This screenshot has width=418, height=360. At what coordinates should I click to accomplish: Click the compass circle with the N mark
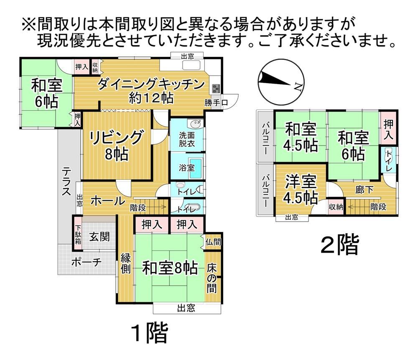pos(281,82)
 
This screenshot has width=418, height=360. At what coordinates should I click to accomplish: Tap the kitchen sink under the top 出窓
pos(191,65)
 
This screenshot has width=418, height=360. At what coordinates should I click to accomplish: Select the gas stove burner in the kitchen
pos(216,88)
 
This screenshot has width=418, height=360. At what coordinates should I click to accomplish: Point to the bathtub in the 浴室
pos(195,168)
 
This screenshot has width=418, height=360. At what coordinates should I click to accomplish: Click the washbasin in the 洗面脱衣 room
pos(196,124)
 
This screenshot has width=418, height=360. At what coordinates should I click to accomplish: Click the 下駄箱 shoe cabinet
pos(78,234)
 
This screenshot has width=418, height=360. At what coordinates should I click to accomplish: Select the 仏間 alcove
pos(213,242)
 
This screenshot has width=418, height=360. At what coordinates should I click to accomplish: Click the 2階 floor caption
pos(339,244)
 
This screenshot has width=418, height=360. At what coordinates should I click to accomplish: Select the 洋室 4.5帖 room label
pos(301,189)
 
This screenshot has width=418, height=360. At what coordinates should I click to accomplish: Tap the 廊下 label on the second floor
pos(364,190)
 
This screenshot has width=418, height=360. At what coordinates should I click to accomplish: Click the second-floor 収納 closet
pos(336,207)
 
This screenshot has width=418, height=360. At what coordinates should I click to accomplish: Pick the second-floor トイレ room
pos(388,159)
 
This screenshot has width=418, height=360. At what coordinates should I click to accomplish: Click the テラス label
pos(66,181)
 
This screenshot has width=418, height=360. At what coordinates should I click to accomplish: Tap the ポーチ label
pos(87,262)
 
